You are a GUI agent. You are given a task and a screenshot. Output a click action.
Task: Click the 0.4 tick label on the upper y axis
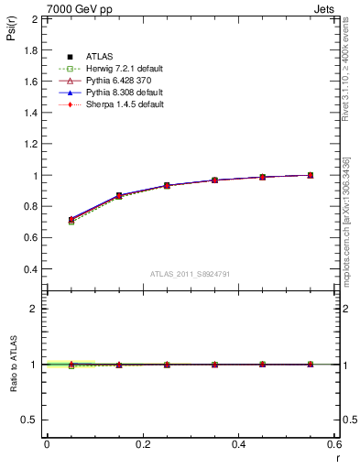tap(29, 270)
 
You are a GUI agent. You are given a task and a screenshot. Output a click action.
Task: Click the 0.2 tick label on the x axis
tap(143, 444)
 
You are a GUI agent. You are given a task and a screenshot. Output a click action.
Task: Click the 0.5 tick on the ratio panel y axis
tap(29, 420)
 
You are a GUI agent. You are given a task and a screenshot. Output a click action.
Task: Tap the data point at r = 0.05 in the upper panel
tap(71, 220)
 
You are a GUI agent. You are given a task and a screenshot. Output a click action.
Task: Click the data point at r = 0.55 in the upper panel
tap(311, 175)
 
